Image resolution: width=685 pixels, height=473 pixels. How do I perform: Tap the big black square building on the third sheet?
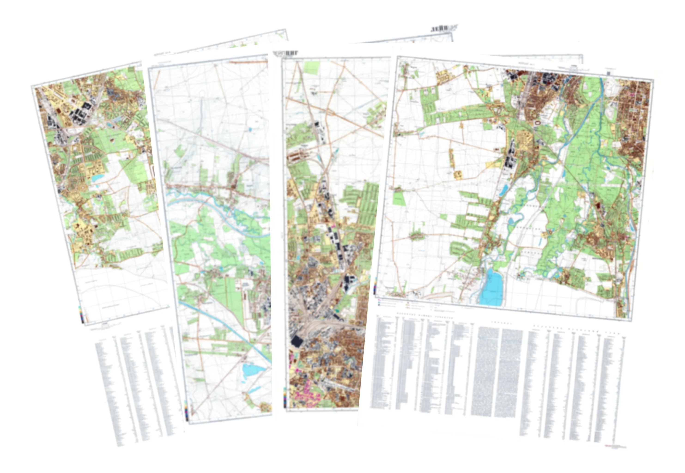(296, 341)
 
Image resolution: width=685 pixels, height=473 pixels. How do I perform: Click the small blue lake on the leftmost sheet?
(98, 178)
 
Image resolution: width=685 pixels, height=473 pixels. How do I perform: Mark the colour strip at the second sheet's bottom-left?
(186, 410)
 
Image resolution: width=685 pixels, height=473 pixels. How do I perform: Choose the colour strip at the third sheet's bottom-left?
(285, 397)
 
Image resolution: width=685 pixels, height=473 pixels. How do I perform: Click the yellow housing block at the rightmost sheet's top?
(441, 77)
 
